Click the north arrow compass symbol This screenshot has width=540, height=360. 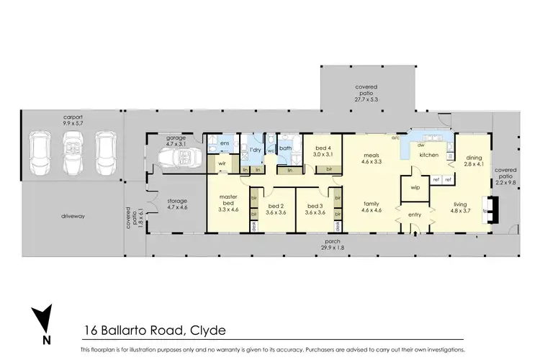tap(45, 321)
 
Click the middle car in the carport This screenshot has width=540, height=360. tap(74, 154)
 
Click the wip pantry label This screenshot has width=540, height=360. tap(415, 188)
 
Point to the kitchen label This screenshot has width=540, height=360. tap(430, 155)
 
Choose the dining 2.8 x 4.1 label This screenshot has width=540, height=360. tap(473, 162)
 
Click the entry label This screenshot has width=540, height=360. tap(415, 215)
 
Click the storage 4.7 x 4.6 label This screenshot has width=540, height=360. tap(176, 204)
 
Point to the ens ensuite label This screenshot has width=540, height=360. tap(225, 143)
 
